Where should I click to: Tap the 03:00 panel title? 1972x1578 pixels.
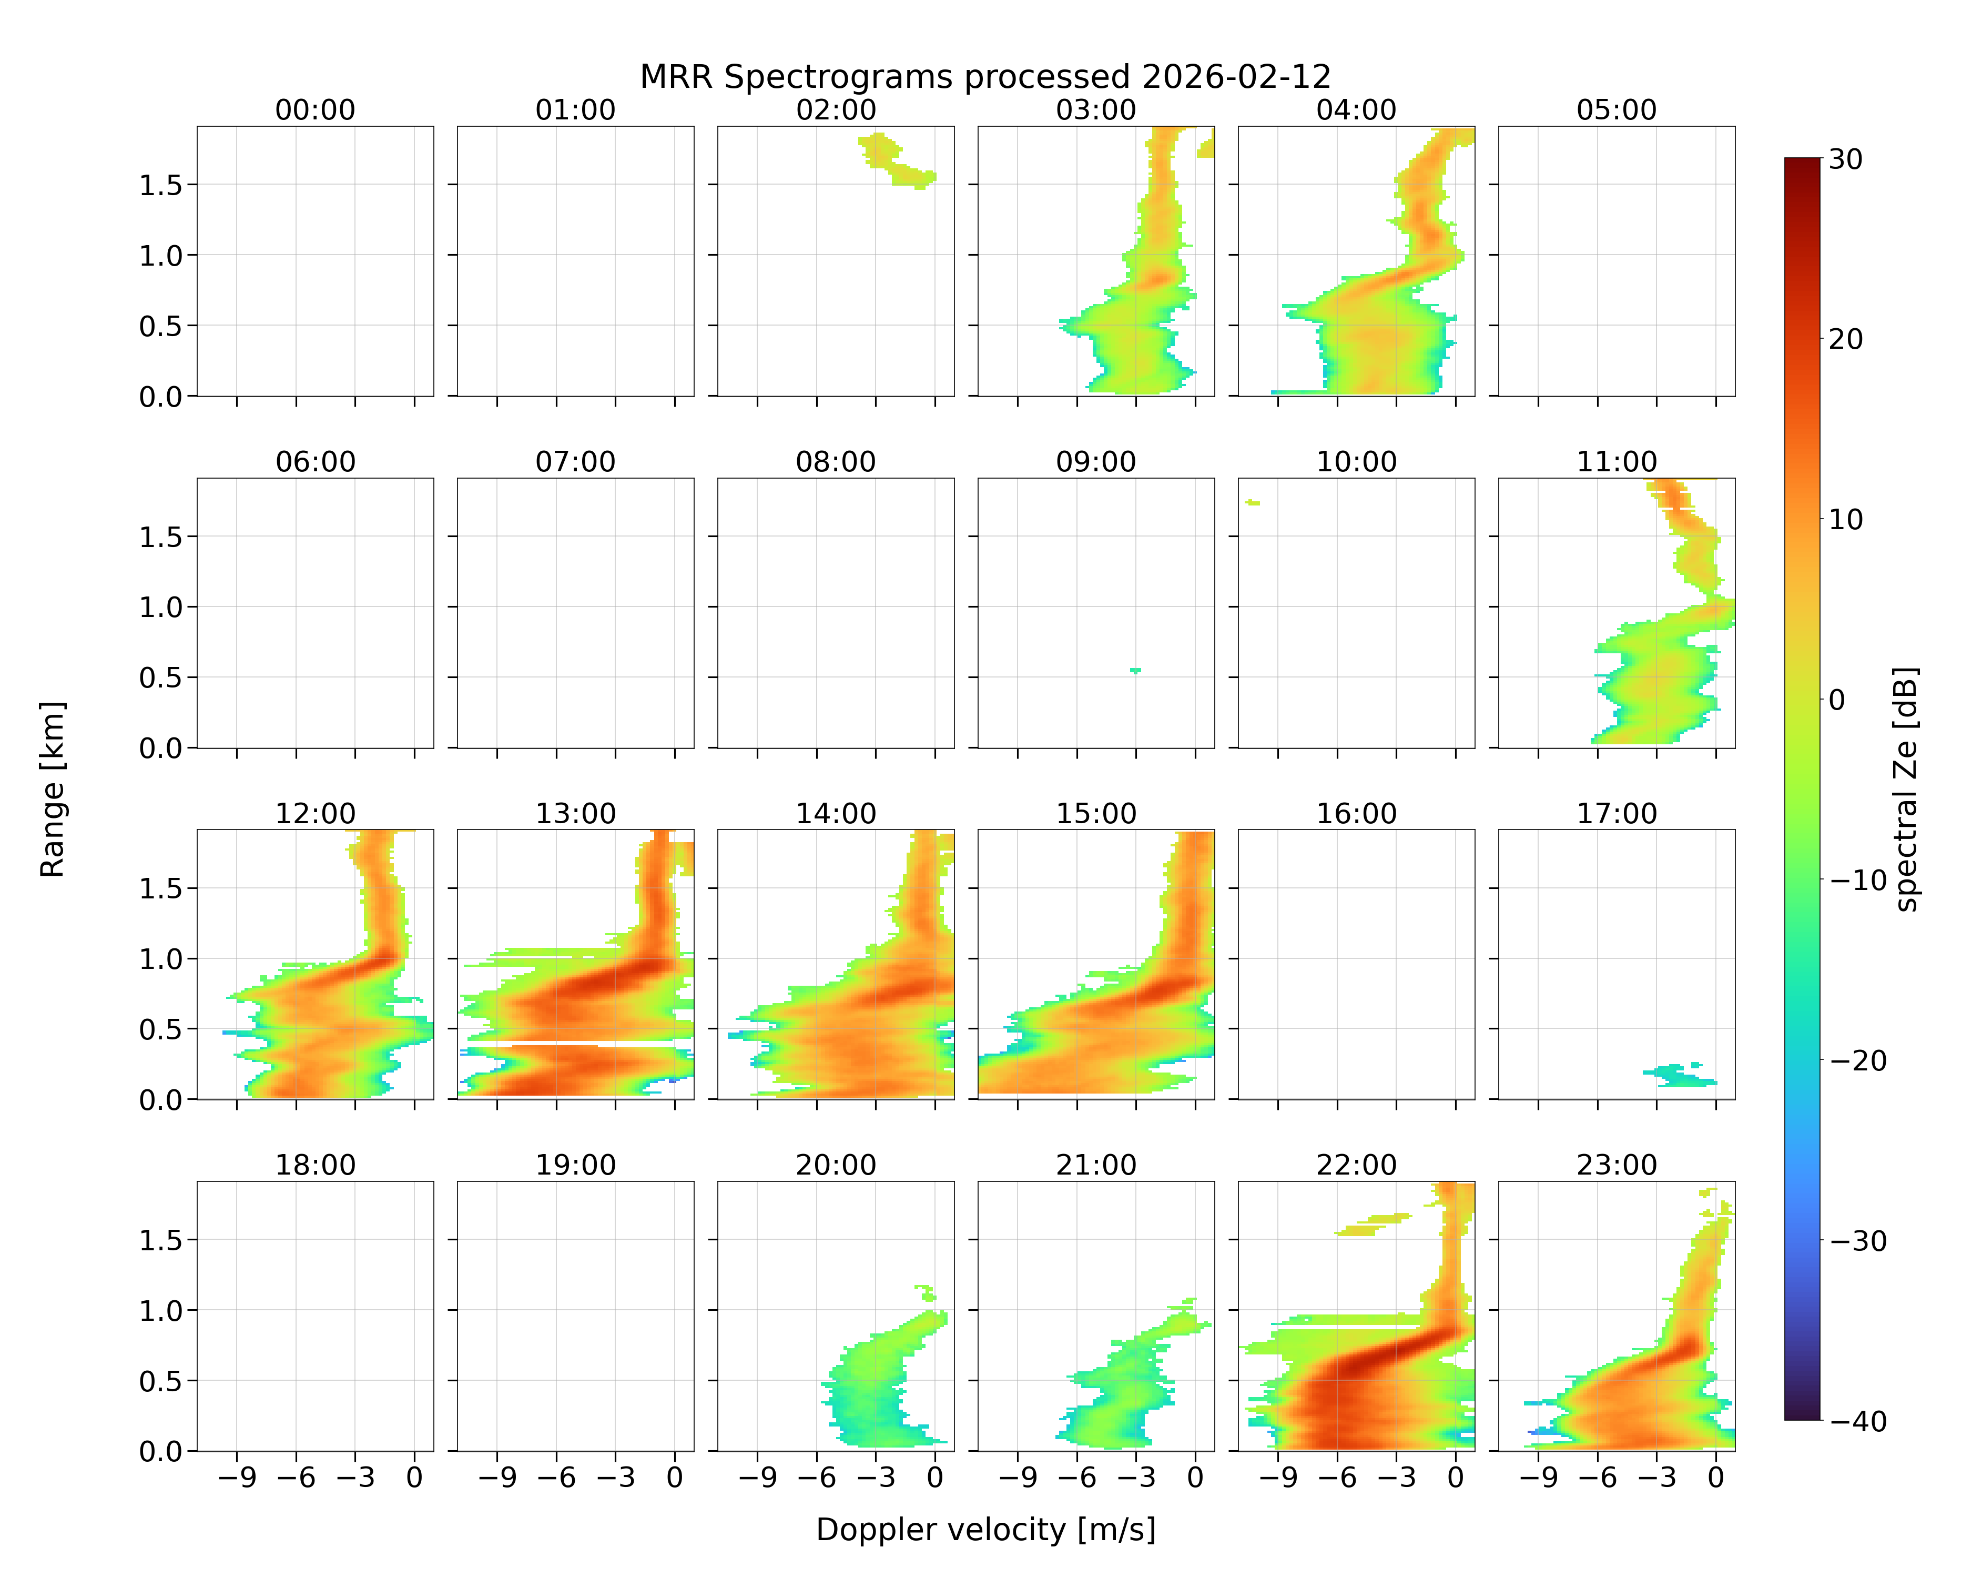tap(1096, 110)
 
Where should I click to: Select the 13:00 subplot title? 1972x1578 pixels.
tap(575, 813)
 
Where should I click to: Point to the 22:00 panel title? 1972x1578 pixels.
tap(1356, 1165)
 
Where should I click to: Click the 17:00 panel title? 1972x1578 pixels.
tap(1616, 813)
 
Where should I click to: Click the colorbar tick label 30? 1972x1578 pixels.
tap(1846, 159)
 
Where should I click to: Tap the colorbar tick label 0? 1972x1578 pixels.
tap(1837, 701)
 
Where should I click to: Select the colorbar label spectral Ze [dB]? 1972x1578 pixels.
tap(1907, 788)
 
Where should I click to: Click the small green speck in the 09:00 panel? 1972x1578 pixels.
tap(1136, 671)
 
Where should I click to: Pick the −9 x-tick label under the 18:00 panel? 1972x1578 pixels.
tap(237, 1478)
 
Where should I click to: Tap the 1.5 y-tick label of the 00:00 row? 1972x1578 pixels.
tap(161, 185)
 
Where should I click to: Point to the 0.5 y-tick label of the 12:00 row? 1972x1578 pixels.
tap(161, 1029)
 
